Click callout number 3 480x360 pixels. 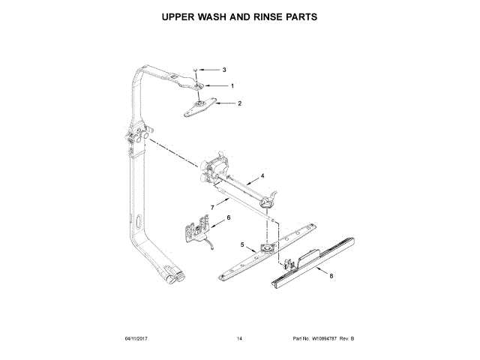[223, 70]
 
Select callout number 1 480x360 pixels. [232, 86]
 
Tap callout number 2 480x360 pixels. [239, 103]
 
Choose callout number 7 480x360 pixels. [212, 205]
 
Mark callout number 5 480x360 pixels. [242, 244]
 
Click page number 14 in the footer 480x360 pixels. [239, 340]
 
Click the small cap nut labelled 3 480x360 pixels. [196, 70]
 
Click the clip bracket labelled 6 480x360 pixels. [196, 229]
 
